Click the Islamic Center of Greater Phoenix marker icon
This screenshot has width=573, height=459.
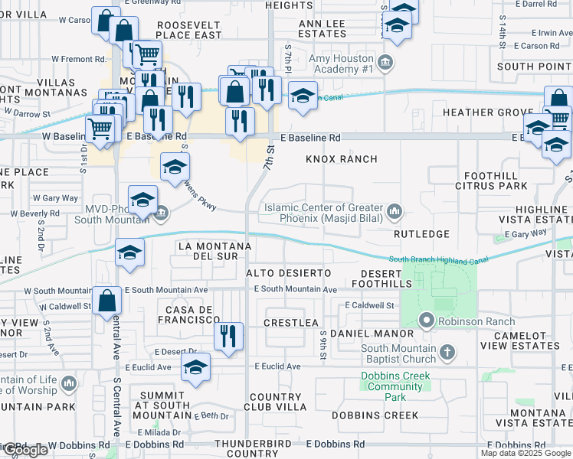click(x=395, y=210)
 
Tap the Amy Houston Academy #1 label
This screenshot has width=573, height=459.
click(x=341, y=64)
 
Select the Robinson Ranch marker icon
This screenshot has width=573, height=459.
click(x=425, y=321)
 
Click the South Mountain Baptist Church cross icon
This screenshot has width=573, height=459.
click(x=447, y=353)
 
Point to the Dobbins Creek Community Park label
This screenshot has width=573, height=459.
click(x=396, y=386)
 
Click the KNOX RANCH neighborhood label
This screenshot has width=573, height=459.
click(x=342, y=159)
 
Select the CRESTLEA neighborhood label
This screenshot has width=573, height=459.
click(x=290, y=323)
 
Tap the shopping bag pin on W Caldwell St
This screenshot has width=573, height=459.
click(x=106, y=300)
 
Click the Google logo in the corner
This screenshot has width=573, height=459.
click(x=25, y=451)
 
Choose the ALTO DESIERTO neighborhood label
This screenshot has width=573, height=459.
click(x=288, y=273)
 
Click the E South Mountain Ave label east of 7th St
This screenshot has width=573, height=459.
click(x=296, y=290)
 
